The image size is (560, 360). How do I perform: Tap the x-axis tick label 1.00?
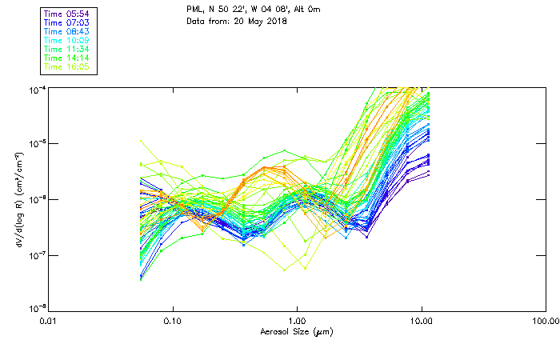click(x=297, y=321)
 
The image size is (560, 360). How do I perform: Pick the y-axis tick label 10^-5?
click(x=35, y=143)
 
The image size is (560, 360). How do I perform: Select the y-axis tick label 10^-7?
click(x=35, y=255)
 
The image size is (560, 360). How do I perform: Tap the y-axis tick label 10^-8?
click(x=35, y=310)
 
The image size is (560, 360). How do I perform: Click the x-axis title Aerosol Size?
click(x=296, y=331)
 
